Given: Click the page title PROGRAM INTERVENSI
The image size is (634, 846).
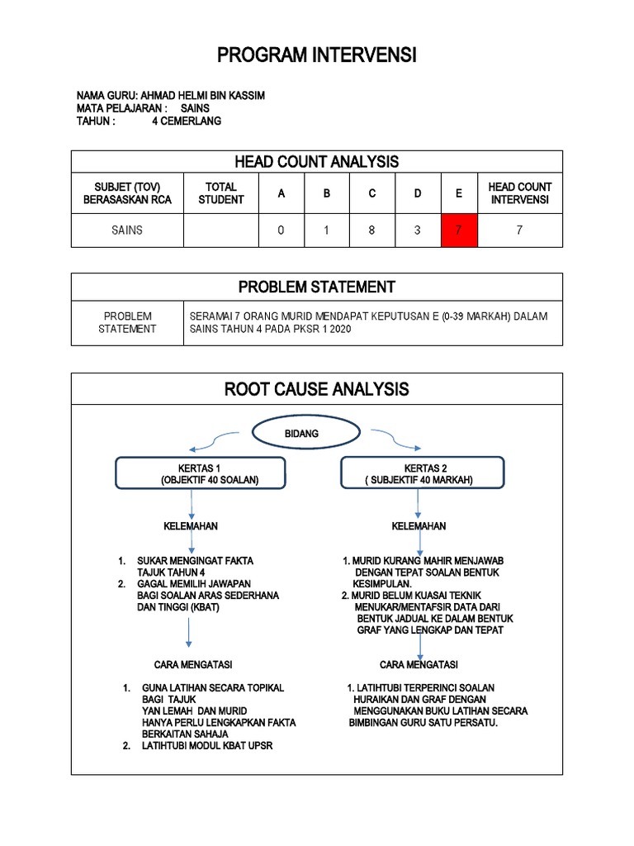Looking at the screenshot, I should (317, 55).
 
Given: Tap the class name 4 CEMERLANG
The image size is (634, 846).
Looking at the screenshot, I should (187, 121).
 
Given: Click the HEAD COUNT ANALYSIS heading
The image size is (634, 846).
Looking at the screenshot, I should (318, 161).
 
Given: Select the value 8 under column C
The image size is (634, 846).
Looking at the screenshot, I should (371, 231).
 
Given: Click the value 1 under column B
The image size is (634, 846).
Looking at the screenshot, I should (326, 231).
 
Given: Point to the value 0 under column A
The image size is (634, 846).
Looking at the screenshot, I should (281, 231).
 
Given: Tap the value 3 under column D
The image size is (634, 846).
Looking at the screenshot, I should (418, 231).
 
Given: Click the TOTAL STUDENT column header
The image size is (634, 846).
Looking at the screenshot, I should (220, 193).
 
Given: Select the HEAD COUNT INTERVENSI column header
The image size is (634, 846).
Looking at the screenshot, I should (519, 193).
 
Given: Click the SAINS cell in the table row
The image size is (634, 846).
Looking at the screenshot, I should (127, 231).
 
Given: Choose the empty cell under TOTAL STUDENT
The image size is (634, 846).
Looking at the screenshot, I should (220, 231).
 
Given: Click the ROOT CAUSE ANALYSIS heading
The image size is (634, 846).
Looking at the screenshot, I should (317, 388).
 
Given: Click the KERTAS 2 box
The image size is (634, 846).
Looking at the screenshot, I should (419, 473).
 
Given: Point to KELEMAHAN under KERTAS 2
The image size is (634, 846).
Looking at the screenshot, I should (419, 526).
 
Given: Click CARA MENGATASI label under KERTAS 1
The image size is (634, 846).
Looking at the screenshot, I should (193, 664).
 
